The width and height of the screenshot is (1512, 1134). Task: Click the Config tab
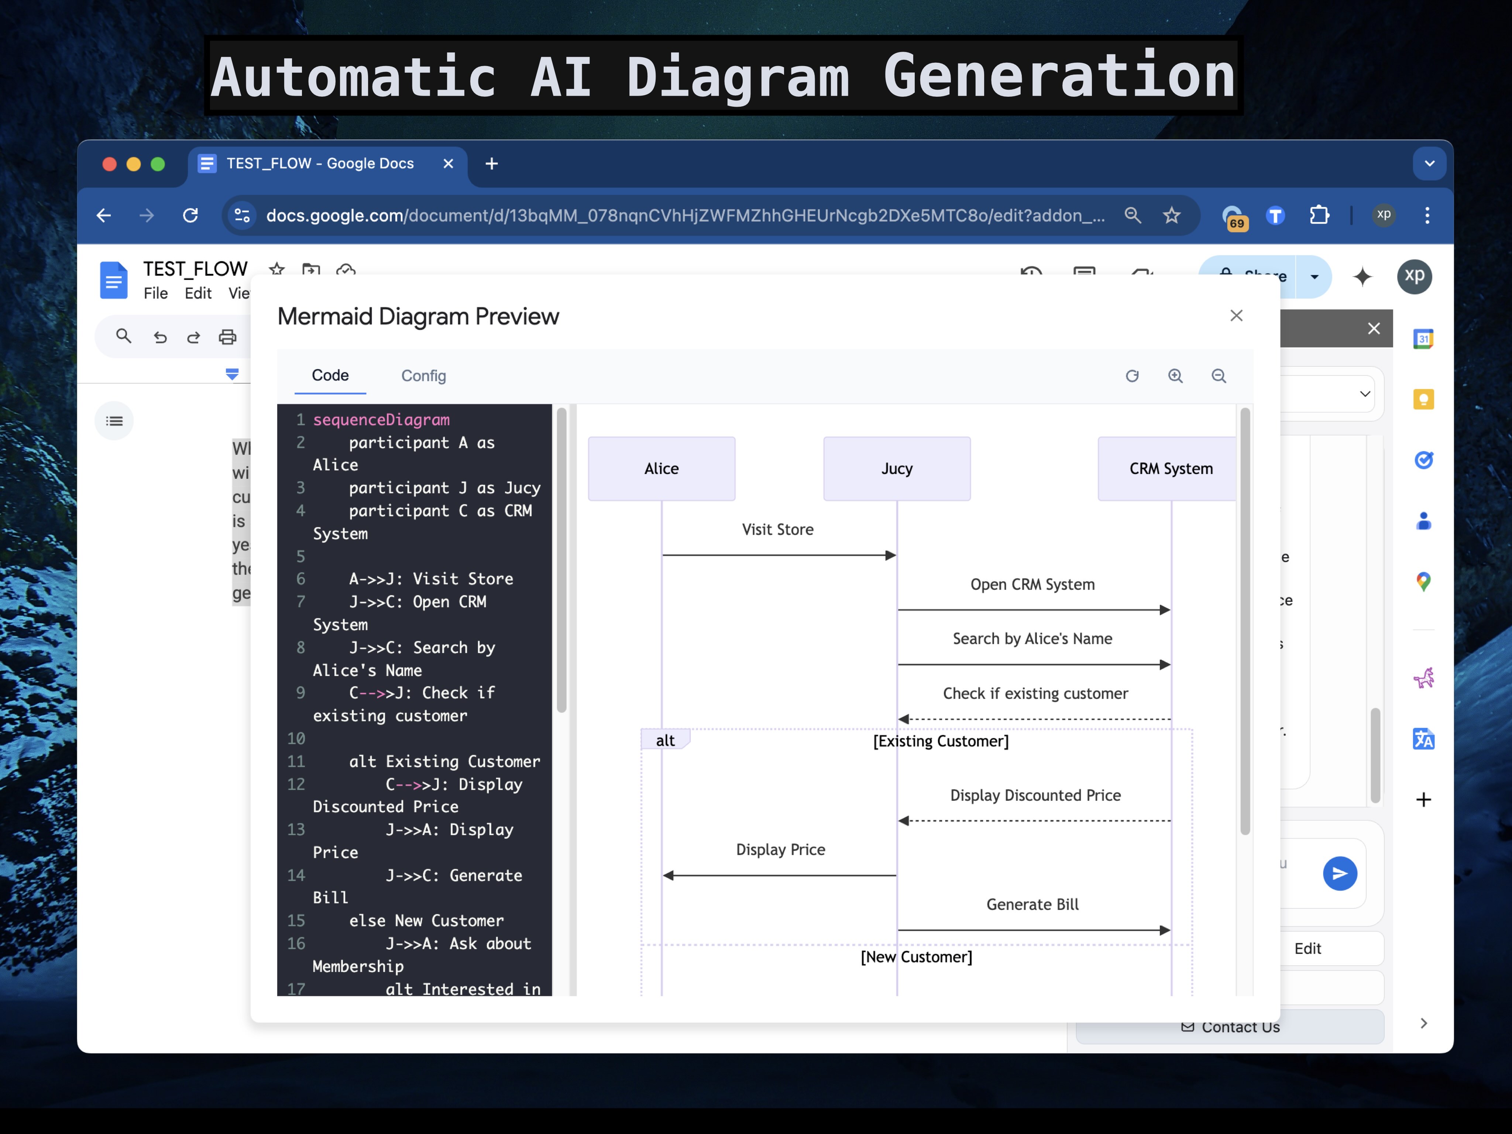click(423, 376)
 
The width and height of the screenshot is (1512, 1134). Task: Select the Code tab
click(330, 375)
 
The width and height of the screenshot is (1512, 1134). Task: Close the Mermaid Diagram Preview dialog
click(1236, 316)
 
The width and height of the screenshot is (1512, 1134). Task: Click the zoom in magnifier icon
click(1175, 376)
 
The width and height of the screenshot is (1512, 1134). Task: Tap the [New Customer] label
click(916, 957)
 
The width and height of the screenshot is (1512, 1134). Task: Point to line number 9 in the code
click(300, 693)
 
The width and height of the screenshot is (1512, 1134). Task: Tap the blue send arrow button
click(1339, 873)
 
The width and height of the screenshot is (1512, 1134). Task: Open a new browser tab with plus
click(491, 164)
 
